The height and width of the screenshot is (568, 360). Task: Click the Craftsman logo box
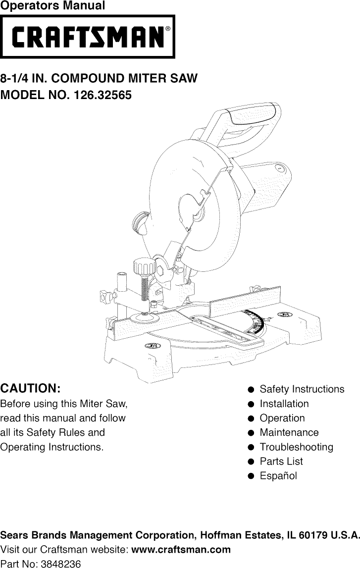[x=87, y=36]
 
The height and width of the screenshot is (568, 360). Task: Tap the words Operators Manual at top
[x=52, y=6]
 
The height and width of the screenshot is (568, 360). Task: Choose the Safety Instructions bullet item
[x=302, y=389]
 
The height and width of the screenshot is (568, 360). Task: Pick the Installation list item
[x=284, y=404]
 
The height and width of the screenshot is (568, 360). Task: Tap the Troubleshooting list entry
[x=296, y=447]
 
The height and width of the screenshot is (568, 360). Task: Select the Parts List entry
[x=281, y=462]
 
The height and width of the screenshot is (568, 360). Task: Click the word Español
[x=278, y=476]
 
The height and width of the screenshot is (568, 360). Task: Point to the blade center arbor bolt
[x=197, y=212]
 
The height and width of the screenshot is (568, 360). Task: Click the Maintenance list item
[x=289, y=433]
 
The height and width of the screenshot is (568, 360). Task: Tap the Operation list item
[x=282, y=418]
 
